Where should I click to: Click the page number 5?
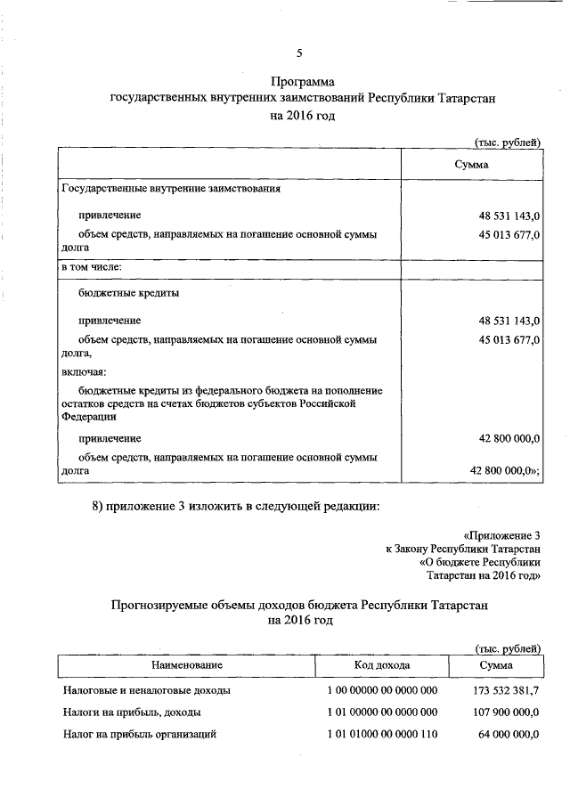click(300, 53)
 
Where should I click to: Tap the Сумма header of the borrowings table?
click(471, 165)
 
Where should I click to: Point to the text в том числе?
click(91, 266)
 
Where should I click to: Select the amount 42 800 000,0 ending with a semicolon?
click(505, 471)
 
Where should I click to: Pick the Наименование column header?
click(187, 664)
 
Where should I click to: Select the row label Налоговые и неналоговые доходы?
click(147, 690)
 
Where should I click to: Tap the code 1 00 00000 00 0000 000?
click(378, 690)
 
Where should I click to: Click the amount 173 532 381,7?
click(503, 690)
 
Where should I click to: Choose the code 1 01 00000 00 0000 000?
click(378, 712)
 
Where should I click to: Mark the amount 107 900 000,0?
click(503, 712)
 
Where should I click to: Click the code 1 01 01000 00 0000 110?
click(378, 735)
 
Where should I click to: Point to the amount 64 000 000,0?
click(507, 735)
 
